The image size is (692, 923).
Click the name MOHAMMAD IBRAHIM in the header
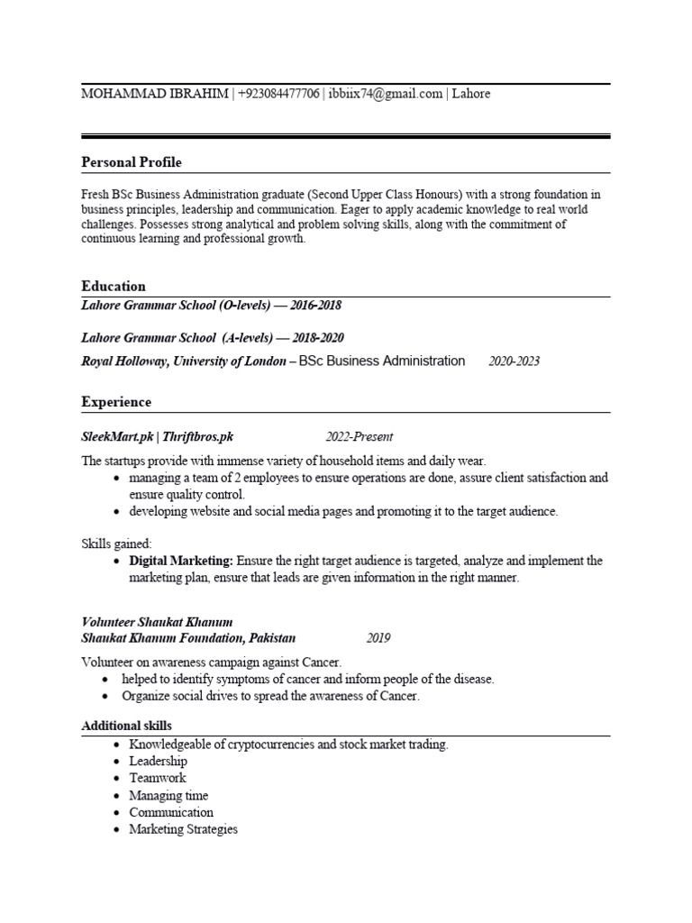pyautogui.click(x=155, y=94)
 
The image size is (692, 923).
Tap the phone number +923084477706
pyautogui.click(x=279, y=94)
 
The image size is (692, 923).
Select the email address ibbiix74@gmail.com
pyautogui.click(x=386, y=94)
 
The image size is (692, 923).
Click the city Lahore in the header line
pyautogui.click(x=471, y=94)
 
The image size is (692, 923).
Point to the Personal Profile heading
pyautogui.click(x=131, y=162)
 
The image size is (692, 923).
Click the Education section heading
pyautogui.click(x=114, y=287)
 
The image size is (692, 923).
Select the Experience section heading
pyautogui.click(x=116, y=402)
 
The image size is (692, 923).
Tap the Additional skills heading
pyautogui.click(x=126, y=726)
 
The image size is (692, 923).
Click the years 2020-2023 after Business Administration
pyautogui.click(x=514, y=361)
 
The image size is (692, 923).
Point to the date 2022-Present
pyautogui.click(x=360, y=437)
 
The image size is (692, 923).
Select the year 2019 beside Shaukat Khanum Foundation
pyautogui.click(x=378, y=638)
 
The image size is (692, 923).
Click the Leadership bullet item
pyautogui.click(x=158, y=762)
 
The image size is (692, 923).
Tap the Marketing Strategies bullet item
pyautogui.click(x=183, y=829)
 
